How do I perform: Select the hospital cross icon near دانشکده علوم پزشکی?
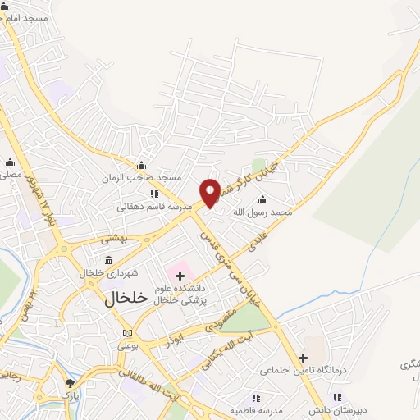click(180, 276)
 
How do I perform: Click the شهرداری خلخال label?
click(113, 272)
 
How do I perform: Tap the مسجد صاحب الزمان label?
click(140, 178)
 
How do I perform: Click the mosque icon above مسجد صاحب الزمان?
click(141, 165)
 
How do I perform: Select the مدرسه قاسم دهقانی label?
click(154, 207)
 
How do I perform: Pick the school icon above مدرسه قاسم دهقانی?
click(154, 194)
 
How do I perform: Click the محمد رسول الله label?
click(262, 212)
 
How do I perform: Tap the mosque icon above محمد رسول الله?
click(262, 199)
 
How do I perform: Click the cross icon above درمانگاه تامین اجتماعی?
click(304, 358)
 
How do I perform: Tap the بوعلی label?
click(128, 345)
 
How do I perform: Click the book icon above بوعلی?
click(126, 333)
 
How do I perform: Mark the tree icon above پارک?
click(71, 383)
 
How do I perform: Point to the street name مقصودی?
click(223, 317)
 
